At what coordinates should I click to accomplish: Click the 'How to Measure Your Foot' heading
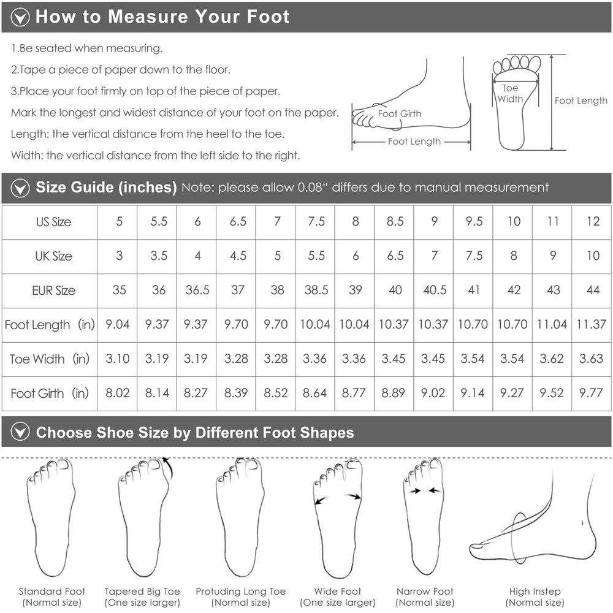(x=162, y=17)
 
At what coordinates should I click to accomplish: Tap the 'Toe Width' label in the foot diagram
(x=510, y=93)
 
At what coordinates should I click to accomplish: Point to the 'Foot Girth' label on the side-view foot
(x=400, y=114)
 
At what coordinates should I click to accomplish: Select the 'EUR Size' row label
(x=53, y=291)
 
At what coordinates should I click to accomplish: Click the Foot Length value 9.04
(x=117, y=324)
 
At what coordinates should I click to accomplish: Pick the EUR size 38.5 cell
(x=316, y=290)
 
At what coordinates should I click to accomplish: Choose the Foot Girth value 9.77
(x=591, y=392)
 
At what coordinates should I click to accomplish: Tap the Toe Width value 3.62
(x=552, y=358)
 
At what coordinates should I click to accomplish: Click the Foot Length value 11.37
(x=591, y=324)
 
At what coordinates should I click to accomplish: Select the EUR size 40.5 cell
(x=435, y=290)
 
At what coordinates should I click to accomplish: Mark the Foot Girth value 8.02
(x=117, y=392)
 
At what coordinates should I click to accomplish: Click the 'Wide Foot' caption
(x=338, y=591)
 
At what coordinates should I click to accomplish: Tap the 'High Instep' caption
(x=535, y=592)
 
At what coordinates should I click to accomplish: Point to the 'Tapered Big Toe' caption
(x=142, y=592)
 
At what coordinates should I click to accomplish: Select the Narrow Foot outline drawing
(x=424, y=516)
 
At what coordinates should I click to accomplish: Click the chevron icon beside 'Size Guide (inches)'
(x=20, y=188)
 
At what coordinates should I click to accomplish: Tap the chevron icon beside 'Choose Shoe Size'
(x=20, y=432)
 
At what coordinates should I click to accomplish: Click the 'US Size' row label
(x=53, y=222)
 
